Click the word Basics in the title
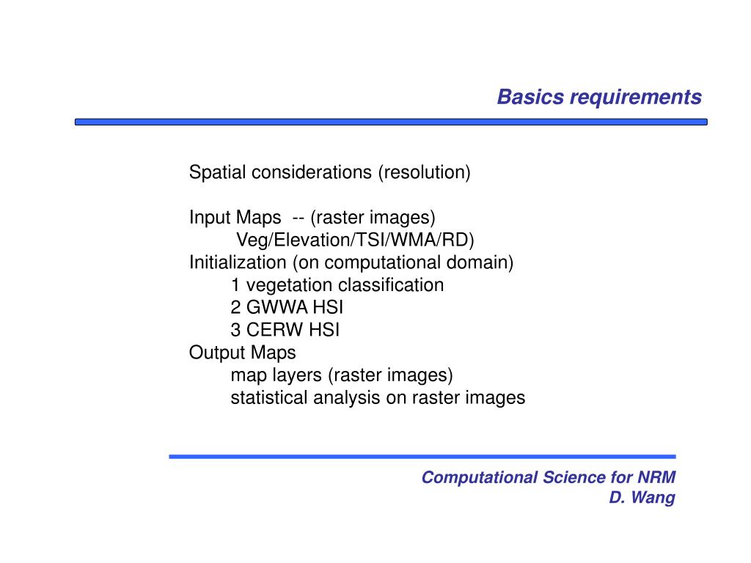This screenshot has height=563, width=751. coord(531,97)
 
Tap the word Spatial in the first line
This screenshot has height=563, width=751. coord(217,172)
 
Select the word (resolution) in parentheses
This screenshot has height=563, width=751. coord(425,172)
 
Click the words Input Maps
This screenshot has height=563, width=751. coord(235,217)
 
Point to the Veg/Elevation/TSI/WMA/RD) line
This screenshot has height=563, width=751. coord(355,240)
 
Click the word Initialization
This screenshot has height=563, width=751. coord(238,262)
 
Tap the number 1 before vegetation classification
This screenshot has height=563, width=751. coord(235,285)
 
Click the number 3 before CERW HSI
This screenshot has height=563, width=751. coord(235,330)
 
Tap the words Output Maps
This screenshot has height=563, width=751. coord(242,353)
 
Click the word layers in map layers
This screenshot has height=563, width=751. coord(297,375)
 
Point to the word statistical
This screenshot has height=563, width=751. coord(268,398)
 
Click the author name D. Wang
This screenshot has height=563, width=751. coord(642,498)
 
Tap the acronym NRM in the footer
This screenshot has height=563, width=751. coord(656,477)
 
